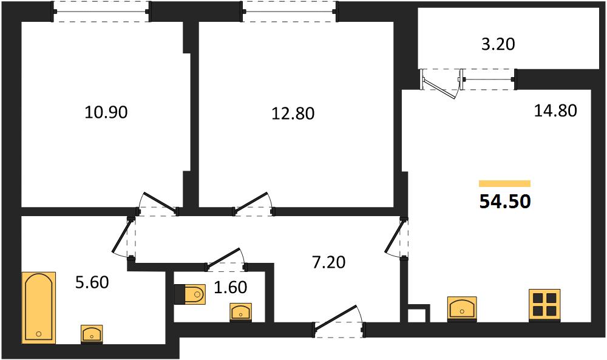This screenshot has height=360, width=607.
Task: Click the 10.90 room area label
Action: (x=106, y=112)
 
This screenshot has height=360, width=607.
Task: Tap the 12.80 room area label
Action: (x=293, y=114)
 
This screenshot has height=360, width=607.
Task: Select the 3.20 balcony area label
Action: (x=498, y=44)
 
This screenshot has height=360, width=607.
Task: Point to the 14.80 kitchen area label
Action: (x=555, y=110)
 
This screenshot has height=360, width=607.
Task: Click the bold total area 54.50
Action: (x=505, y=202)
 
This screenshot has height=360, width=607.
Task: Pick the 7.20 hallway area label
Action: (x=328, y=262)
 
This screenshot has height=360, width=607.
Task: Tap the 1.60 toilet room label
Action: (x=230, y=287)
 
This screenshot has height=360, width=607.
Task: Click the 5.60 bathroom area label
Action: (x=92, y=282)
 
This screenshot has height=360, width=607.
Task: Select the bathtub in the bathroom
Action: (x=38, y=307)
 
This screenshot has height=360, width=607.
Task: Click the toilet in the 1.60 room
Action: (x=190, y=294)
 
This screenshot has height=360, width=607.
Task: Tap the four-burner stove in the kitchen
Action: (x=544, y=305)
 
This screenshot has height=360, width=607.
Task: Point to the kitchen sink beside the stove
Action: (x=462, y=308)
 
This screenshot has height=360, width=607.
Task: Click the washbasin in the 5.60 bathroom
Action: (x=92, y=334)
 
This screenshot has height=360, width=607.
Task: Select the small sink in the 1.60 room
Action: (x=241, y=312)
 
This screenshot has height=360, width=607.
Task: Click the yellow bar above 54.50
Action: (x=505, y=184)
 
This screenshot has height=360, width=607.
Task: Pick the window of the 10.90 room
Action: (x=101, y=12)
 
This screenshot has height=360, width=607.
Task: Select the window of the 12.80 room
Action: (x=289, y=12)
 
